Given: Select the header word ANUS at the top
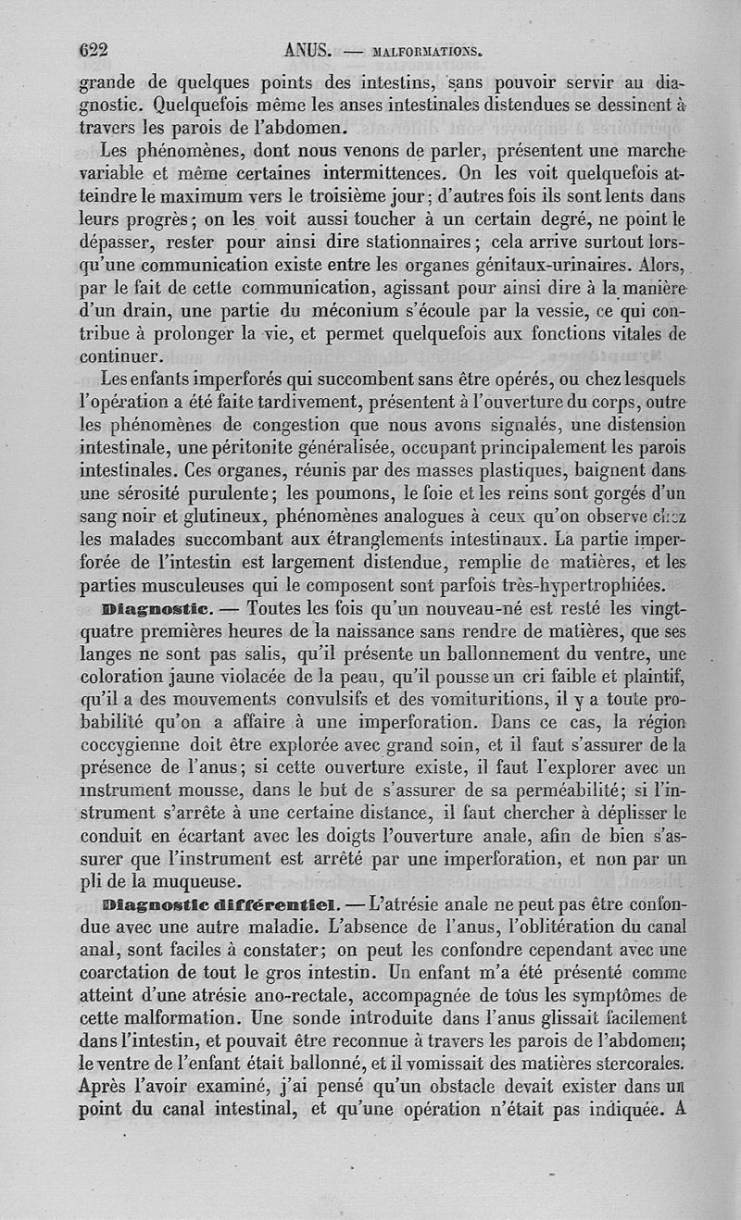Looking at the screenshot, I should [309, 51].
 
